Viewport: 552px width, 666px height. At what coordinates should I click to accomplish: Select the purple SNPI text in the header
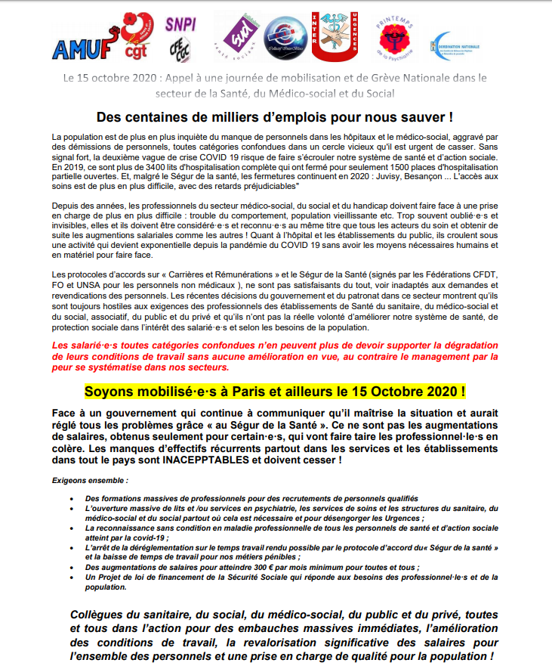click(180, 23)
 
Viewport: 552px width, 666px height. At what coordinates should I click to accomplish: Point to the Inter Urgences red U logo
click(334, 37)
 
